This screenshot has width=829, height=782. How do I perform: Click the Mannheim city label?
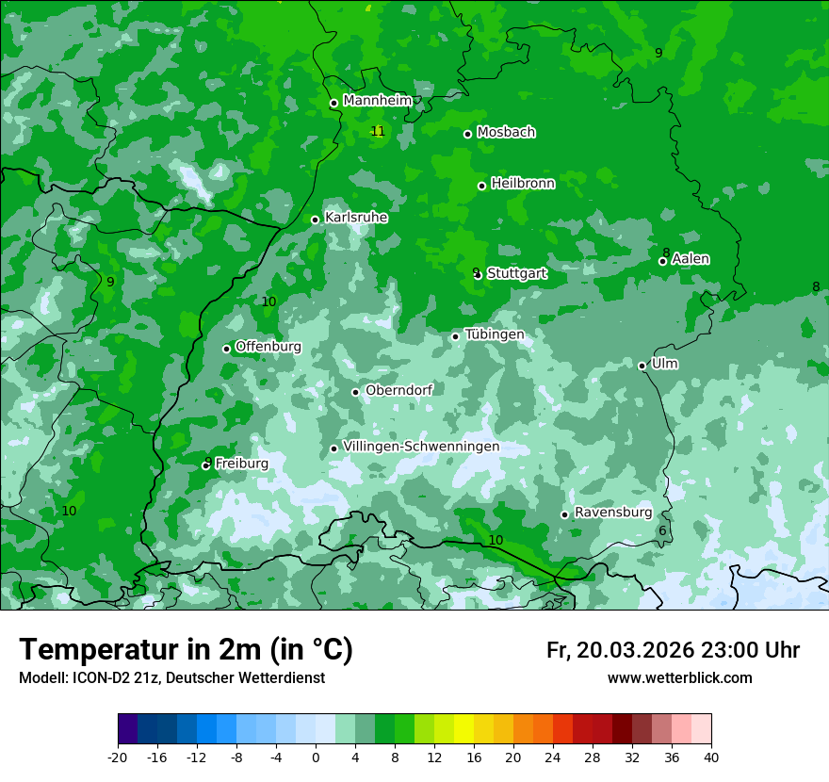377,101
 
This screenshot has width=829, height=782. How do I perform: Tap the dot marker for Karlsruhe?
316,220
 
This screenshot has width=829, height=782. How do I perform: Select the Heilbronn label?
523,184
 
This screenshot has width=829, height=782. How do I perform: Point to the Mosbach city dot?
467,134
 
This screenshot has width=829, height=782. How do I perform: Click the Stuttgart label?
517,273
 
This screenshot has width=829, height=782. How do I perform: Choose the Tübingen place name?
494,334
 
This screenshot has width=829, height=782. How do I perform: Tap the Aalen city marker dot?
662,261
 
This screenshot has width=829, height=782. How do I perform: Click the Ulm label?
664,364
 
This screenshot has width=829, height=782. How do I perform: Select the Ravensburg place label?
612,513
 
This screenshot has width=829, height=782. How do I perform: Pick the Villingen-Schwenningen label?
421,447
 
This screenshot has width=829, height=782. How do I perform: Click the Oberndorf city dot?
355,392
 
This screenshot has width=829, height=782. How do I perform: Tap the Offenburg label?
268,347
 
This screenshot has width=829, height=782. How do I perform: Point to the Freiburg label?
241,464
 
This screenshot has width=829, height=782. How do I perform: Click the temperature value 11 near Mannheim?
378,131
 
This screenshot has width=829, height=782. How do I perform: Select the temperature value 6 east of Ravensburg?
662,531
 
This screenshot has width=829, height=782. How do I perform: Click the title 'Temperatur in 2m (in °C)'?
186,650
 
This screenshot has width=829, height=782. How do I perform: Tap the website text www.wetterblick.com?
679,677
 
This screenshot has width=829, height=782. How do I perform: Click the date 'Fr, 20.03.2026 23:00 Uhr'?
673,650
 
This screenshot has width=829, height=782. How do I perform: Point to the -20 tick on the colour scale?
118,757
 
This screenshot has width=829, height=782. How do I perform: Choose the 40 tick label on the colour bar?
710,757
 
